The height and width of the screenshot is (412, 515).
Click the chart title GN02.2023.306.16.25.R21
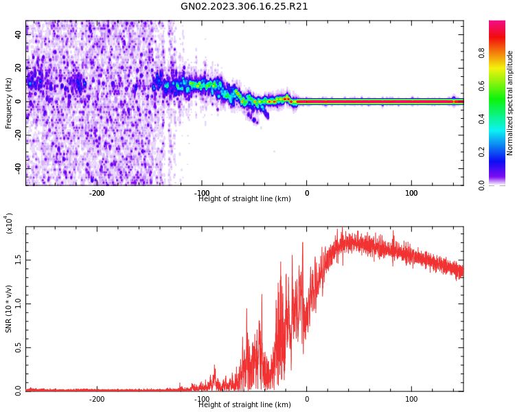coord(244,7)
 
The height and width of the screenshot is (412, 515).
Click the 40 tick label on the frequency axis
coord(18,35)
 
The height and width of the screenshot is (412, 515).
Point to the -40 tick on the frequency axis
coord(18,168)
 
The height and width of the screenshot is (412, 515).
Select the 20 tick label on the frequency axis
coord(18,68)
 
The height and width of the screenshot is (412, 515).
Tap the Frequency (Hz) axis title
coord(9,103)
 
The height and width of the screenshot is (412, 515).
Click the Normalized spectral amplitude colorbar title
coord(510,103)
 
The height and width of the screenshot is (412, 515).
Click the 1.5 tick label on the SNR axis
coord(18,260)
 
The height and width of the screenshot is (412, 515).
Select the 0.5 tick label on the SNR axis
coord(18,348)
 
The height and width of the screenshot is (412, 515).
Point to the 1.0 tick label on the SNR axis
coord(18,304)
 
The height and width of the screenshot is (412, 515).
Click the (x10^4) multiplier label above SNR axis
coord(9,222)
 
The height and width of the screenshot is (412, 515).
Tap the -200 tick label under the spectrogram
coord(97,193)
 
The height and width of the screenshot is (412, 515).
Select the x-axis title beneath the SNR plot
coord(244,405)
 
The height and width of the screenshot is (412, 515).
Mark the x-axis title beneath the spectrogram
coord(244,199)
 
